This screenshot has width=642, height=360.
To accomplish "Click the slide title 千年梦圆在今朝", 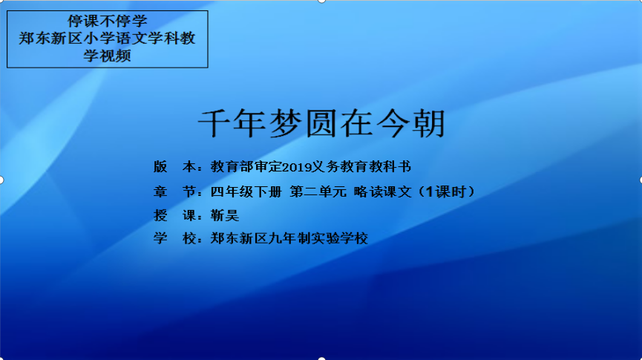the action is click(321, 123).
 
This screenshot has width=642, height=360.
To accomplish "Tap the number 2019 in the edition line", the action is click(298, 167).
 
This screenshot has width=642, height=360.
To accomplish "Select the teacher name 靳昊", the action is click(225, 215).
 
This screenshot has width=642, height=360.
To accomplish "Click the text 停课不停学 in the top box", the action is click(108, 22).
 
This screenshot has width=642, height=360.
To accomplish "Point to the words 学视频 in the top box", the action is click(108, 56).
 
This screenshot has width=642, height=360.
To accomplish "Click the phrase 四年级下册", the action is click(246, 192).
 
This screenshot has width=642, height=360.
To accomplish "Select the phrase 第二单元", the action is click(318, 192).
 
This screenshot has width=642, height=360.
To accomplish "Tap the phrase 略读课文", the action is click(382, 192).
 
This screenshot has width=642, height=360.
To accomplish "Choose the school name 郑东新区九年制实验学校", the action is click(289, 238).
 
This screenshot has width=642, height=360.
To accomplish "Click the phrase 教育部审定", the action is click(246, 167).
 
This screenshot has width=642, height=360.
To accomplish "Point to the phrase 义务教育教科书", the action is click(361, 167).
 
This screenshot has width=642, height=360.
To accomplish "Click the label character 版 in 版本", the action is click(160, 167).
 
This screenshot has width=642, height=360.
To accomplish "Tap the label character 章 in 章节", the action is click(160, 192).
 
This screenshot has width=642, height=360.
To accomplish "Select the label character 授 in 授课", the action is click(160, 215).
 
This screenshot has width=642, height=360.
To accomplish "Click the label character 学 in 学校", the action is click(160, 238).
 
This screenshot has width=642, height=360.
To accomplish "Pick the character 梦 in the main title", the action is click(286, 123).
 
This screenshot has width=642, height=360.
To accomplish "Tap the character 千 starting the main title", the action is click(214, 123).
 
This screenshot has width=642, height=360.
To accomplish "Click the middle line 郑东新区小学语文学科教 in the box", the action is click(108, 39).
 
